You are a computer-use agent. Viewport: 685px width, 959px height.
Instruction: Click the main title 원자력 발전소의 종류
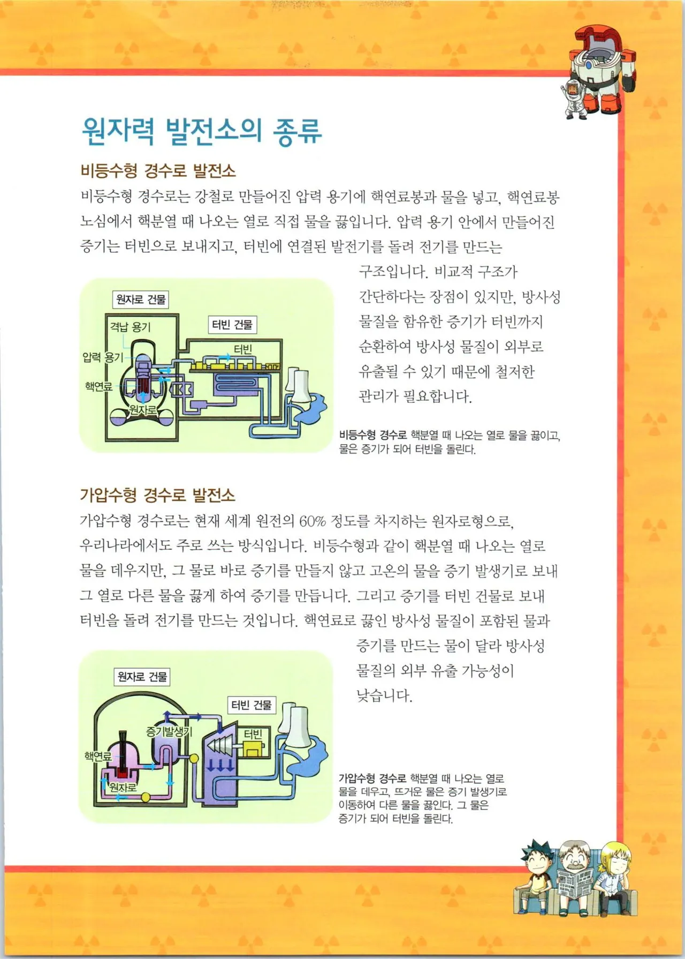pos(202,131)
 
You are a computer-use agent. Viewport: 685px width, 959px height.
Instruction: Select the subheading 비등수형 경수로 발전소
pos(158,171)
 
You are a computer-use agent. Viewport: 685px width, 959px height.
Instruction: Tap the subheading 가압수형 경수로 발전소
pos(157,495)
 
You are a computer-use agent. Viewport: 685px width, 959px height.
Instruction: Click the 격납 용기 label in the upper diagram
pos(130,327)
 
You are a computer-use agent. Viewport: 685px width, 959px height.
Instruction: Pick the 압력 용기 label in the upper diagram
pos(102,357)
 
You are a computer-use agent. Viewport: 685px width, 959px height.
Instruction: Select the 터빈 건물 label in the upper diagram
pos(232,325)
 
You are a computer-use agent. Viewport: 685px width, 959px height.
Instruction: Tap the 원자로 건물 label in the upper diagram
pos(141,299)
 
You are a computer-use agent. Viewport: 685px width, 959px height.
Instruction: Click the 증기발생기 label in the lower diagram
pos(169,732)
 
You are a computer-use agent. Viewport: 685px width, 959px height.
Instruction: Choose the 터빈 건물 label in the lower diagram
pos(251,705)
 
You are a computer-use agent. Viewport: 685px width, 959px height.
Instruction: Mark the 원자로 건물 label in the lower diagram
pos(142,677)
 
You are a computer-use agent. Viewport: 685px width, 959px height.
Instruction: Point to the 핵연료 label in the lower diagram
pos(98,756)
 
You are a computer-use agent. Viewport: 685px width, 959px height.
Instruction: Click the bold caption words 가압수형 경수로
pos(372,778)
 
